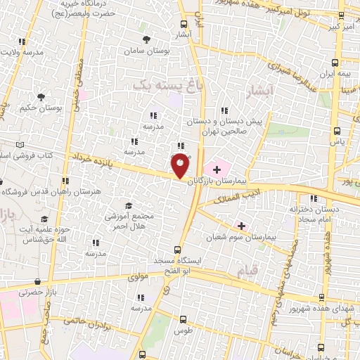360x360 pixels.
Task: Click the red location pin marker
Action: coord(181,165)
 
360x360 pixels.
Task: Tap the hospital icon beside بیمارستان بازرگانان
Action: coord(217,169)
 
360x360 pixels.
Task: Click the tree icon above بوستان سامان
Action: coord(146,40)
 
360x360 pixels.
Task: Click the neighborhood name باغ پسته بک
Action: coord(162,85)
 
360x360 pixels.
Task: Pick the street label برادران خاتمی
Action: coord(86,324)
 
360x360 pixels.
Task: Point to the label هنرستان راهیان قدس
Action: coord(66,191)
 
